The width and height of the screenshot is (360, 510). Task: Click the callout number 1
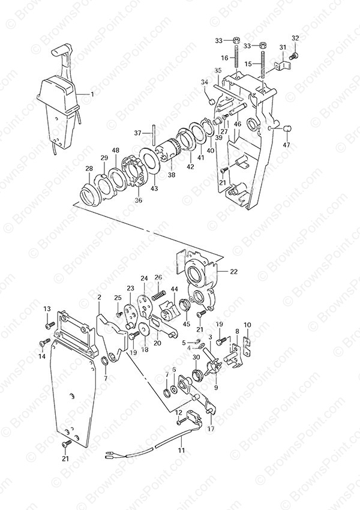(x=92, y=95)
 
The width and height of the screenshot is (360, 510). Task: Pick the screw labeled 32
(x=295, y=55)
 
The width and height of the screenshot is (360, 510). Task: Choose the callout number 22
(x=233, y=272)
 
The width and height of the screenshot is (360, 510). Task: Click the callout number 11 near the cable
(x=181, y=451)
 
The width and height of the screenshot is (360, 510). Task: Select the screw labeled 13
(x=50, y=325)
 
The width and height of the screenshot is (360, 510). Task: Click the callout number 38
(x=172, y=175)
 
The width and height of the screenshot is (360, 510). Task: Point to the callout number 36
(x=139, y=200)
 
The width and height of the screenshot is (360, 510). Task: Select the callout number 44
(x=175, y=289)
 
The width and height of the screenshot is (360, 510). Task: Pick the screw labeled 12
(x=181, y=422)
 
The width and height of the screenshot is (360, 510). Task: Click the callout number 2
(x=99, y=296)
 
